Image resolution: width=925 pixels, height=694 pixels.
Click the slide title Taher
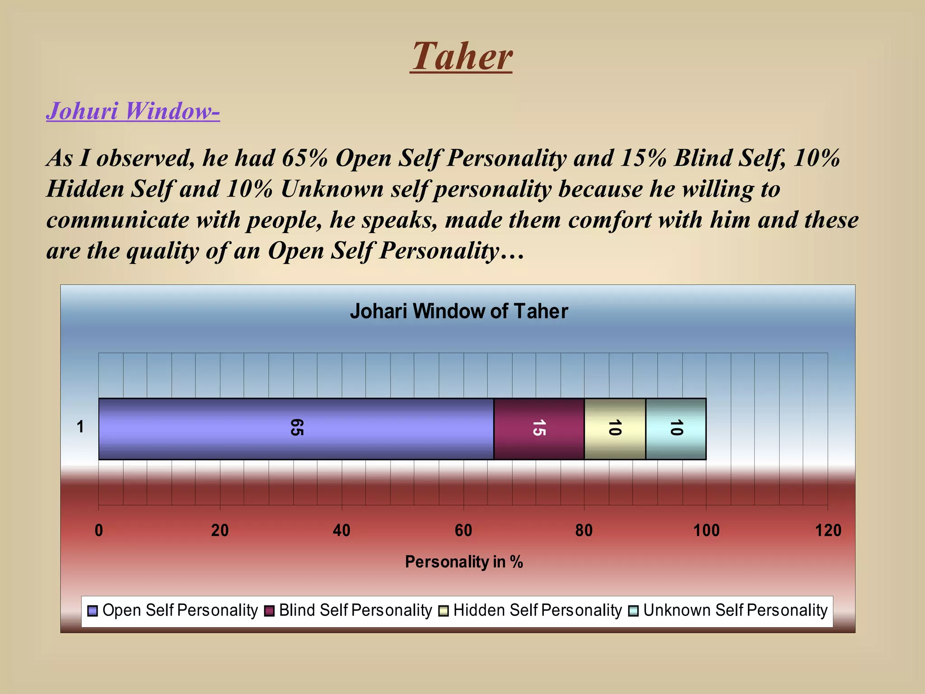tap(461, 56)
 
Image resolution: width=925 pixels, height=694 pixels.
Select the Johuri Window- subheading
tap(133, 111)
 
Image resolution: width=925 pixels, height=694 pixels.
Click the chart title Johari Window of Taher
tap(458, 311)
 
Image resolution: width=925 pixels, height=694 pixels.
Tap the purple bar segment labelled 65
tap(296, 428)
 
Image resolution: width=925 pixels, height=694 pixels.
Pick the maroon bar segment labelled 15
tap(539, 428)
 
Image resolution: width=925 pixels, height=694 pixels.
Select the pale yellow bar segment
tap(615, 428)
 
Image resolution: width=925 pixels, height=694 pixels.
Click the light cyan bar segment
tap(676, 428)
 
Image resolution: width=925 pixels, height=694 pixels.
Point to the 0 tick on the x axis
tap(99, 530)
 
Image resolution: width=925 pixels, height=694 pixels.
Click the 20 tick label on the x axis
tap(220, 530)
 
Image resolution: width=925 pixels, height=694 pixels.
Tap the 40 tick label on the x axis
tap(341, 530)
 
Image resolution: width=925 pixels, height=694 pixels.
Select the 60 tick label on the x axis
tap(463, 530)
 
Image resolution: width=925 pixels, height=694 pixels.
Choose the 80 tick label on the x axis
tap(584, 530)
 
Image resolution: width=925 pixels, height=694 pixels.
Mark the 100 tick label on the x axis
tap(706, 530)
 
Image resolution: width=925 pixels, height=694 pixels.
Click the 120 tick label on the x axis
tap(828, 530)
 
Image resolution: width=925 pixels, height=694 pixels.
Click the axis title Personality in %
tap(464, 562)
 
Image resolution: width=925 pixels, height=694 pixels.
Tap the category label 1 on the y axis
tap(80, 427)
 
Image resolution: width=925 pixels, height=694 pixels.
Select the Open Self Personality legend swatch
tap(93, 611)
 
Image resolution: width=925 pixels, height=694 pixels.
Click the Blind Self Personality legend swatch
tap(269, 611)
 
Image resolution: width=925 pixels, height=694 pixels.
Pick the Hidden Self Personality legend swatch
tap(444, 611)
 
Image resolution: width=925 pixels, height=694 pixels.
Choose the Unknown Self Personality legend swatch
tap(633, 611)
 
